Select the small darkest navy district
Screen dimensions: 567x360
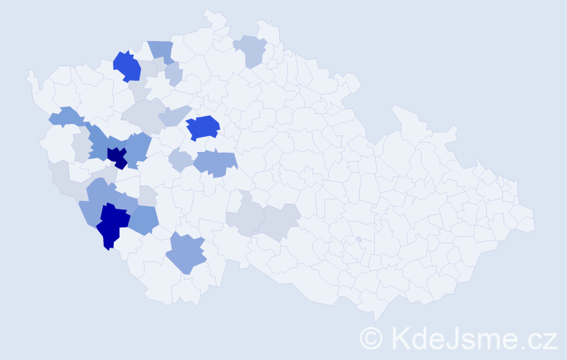[117, 157]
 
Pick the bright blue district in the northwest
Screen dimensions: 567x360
[127, 66]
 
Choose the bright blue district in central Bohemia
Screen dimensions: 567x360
[203, 127]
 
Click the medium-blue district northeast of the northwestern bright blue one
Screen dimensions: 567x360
[161, 51]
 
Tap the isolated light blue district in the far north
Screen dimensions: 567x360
[250, 50]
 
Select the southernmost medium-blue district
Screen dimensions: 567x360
[186, 253]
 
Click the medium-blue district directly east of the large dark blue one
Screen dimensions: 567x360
[144, 220]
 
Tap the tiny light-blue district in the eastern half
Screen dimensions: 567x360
[358, 239]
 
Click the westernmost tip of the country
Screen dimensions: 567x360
[29, 73]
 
